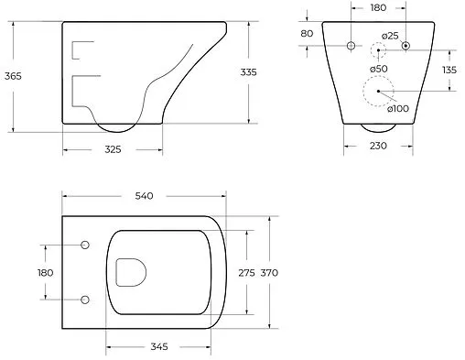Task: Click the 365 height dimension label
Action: click(x=13, y=76)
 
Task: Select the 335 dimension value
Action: click(x=249, y=72)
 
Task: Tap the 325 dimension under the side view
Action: click(x=113, y=149)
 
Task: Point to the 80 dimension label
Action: click(x=307, y=33)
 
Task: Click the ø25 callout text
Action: click(x=390, y=36)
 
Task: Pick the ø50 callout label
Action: click(x=379, y=69)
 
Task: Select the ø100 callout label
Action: click(x=398, y=108)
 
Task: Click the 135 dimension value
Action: click(x=449, y=70)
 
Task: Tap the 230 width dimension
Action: click(x=378, y=146)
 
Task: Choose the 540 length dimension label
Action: click(x=144, y=196)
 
